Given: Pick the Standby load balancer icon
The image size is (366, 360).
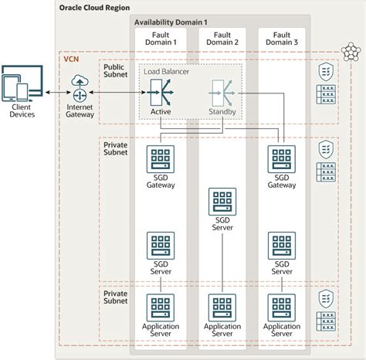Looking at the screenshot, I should pyautogui.click(x=221, y=93).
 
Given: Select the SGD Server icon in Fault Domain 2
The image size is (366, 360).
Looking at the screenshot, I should pyautogui.click(x=222, y=201).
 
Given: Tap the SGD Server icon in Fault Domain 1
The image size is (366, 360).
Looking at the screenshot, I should pyautogui.click(x=160, y=246).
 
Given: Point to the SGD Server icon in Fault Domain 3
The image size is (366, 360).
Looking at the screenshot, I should pyautogui.click(x=281, y=246).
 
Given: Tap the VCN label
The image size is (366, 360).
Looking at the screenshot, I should pyautogui.click(x=70, y=59).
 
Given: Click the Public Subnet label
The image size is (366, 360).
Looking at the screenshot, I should pyautogui.click(x=118, y=72).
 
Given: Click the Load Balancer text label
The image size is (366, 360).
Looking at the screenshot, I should pyautogui.click(x=167, y=71).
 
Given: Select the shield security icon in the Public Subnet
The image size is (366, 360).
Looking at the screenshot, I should pyautogui.click(x=326, y=72).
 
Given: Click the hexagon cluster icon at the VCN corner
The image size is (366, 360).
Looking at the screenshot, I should pyautogui.click(x=351, y=52).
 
